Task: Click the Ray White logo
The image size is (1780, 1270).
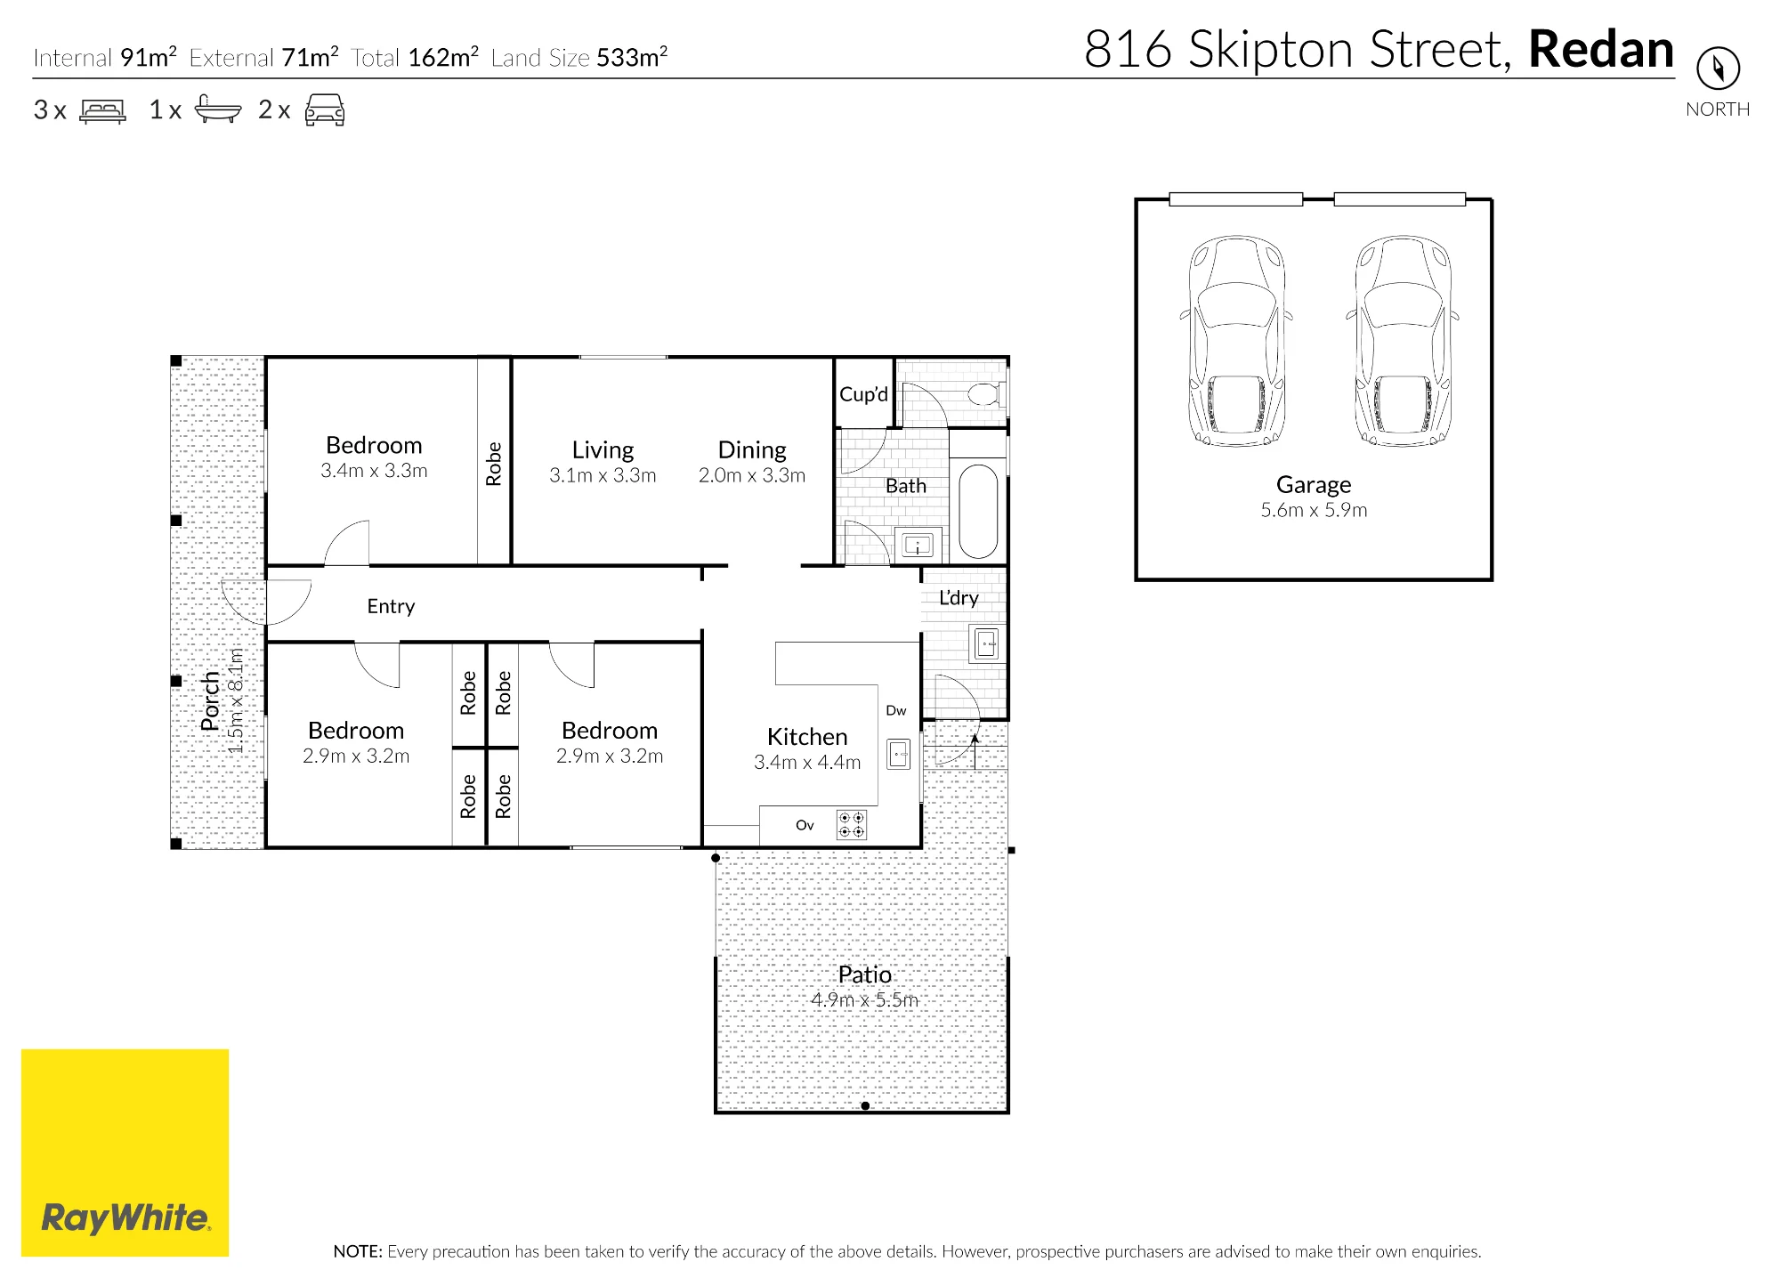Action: click(125, 1153)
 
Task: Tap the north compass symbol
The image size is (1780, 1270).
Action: click(1718, 69)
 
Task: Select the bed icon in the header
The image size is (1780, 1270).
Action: click(103, 110)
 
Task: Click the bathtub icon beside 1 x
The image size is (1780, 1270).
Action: click(217, 109)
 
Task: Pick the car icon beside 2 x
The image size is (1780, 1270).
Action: click(325, 109)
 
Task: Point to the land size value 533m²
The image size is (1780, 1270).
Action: click(632, 57)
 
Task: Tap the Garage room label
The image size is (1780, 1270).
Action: click(1314, 485)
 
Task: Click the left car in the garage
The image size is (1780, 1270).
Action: click(1236, 341)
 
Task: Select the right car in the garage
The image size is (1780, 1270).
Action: click(1403, 341)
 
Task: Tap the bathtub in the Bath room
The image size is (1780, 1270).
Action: click(978, 511)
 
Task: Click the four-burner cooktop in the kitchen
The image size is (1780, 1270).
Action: click(852, 825)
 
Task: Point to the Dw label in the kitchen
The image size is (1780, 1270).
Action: click(896, 711)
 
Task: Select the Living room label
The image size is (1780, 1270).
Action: click(603, 450)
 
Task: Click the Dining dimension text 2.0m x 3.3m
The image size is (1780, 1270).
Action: click(752, 476)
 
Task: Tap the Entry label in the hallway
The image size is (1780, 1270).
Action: click(391, 607)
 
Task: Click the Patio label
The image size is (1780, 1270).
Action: click(864, 975)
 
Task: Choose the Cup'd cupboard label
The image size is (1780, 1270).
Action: click(863, 394)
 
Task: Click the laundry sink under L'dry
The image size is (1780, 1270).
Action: click(986, 643)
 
